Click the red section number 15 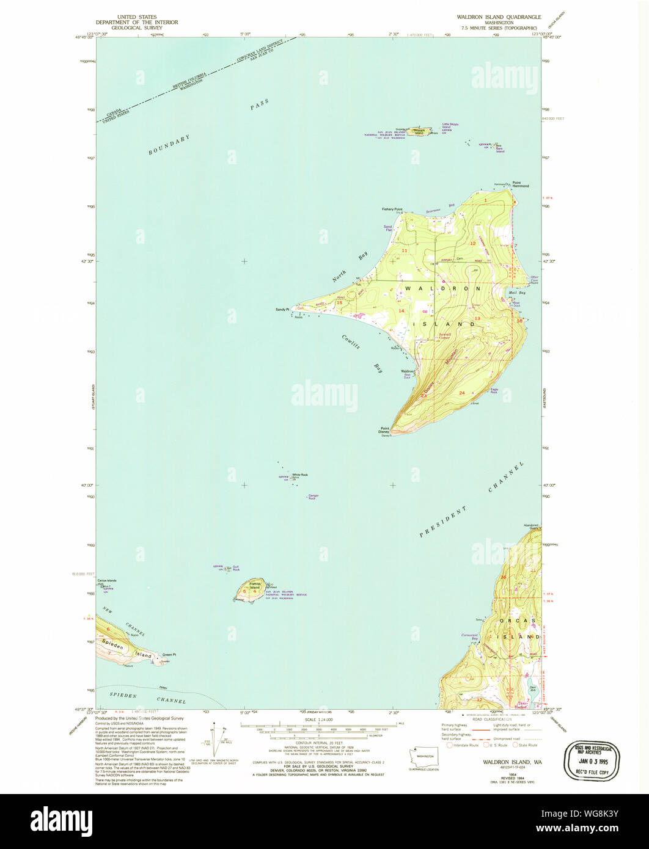[x=339, y=302]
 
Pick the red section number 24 [x=461, y=393]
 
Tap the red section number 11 [x=404, y=250]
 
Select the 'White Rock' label [x=299, y=475]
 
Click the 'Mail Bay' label [x=517, y=293]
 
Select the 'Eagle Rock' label [x=497, y=390]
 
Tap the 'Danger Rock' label [x=313, y=497]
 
